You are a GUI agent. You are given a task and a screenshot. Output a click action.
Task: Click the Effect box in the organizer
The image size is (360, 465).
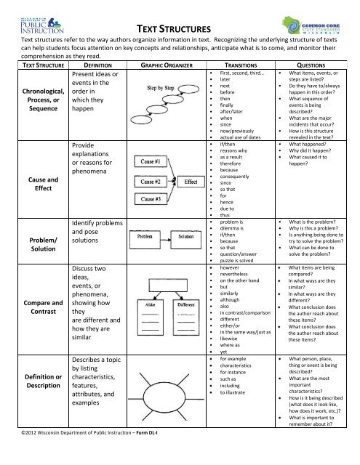click(x=192, y=181)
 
